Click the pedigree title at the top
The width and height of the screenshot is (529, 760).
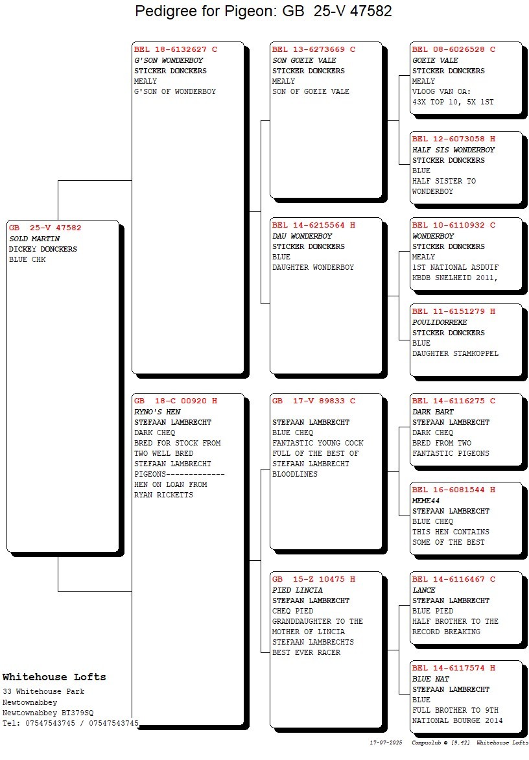click(263, 11)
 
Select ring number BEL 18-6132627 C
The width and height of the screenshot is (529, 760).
click(176, 49)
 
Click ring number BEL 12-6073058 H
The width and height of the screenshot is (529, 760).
click(454, 139)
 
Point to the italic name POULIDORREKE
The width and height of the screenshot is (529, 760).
click(440, 322)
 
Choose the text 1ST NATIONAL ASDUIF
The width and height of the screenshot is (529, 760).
click(456, 267)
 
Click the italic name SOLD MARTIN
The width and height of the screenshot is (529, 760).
click(34, 239)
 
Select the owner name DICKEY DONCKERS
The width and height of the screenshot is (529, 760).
click(43, 249)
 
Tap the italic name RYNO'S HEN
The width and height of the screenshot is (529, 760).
click(158, 412)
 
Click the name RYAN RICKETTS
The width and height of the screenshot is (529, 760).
click(163, 495)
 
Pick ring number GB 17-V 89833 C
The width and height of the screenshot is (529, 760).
click(314, 401)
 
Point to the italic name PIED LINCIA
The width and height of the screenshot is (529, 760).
click(297, 590)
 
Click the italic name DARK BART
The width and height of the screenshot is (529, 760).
click(433, 412)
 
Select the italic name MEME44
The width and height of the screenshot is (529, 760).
click(426, 501)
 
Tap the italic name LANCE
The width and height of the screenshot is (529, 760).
click(424, 590)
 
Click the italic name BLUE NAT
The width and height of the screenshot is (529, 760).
click(430, 679)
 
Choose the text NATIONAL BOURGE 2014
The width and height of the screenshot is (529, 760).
click(457, 720)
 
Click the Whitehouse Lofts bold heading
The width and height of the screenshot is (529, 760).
click(54, 677)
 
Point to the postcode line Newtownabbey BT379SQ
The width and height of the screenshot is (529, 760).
click(48, 713)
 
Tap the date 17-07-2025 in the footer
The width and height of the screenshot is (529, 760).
click(386, 742)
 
